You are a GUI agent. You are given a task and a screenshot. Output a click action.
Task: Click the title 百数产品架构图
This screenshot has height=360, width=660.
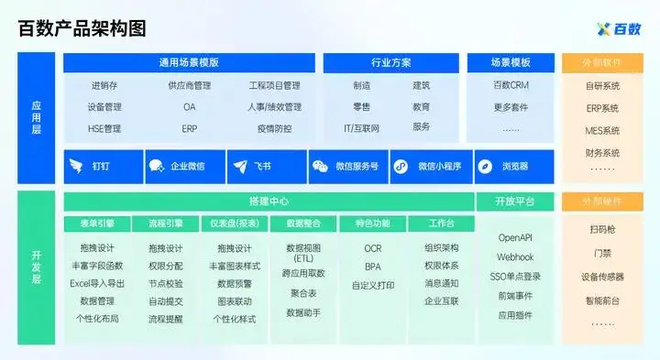pyautogui.click(x=83, y=27)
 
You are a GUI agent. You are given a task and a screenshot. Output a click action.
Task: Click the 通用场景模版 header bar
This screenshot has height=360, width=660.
pyautogui.click(x=189, y=62)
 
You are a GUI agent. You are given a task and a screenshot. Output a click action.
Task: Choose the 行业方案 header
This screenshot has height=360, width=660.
pyautogui.click(x=391, y=62)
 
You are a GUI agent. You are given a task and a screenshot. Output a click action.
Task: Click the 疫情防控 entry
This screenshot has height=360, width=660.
pyautogui.click(x=274, y=128)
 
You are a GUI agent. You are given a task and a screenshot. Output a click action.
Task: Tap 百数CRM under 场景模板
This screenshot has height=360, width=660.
pyautogui.click(x=511, y=86)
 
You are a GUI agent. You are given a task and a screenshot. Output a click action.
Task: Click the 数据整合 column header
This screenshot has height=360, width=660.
pyautogui.click(x=302, y=224)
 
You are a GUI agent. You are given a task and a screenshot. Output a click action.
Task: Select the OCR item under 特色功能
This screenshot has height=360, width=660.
pyautogui.click(x=372, y=248)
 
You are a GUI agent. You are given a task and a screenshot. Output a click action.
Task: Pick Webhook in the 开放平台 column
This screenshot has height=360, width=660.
pyautogui.click(x=515, y=256)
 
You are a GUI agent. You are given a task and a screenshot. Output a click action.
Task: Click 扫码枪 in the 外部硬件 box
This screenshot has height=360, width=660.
pyautogui.click(x=602, y=229)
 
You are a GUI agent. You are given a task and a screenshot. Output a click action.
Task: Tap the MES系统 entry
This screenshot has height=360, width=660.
pyautogui.click(x=602, y=130)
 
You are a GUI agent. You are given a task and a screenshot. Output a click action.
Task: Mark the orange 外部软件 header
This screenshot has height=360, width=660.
pyautogui.click(x=602, y=62)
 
